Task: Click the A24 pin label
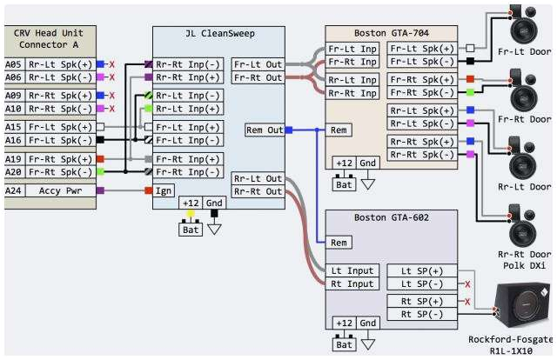[13, 190]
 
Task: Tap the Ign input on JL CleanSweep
[164, 190]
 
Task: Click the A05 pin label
[13, 63]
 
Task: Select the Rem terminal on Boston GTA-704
[338, 130]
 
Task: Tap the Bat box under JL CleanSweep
[191, 229]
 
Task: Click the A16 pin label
[13, 140]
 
